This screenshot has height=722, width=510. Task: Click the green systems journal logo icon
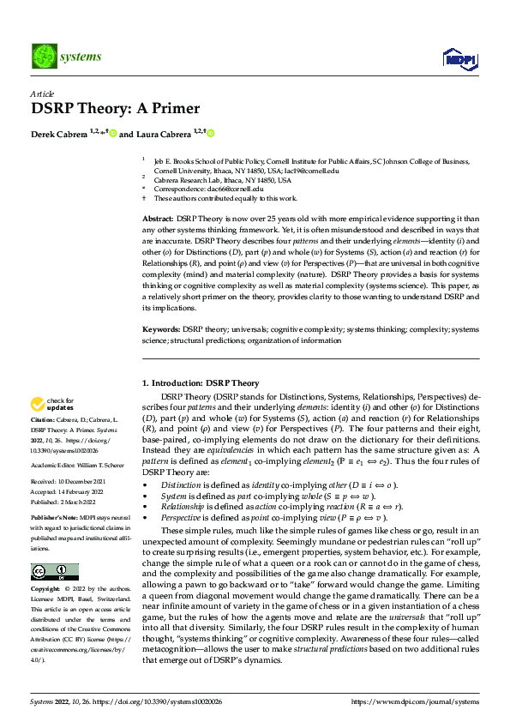42,57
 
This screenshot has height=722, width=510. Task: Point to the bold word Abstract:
157,220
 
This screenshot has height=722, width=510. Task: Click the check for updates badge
53,402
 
